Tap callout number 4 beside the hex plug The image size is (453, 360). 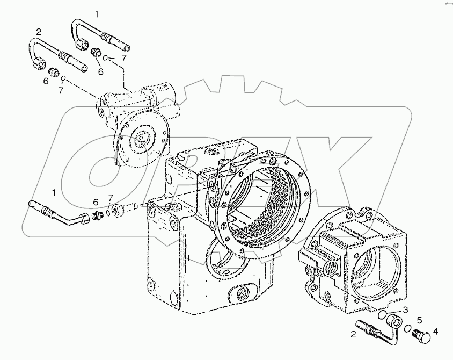tap(435, 332)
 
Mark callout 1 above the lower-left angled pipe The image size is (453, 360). tap(54, 192)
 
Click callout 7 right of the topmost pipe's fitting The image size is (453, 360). tap(123, 57)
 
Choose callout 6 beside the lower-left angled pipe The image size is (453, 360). tap(97, 202)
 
